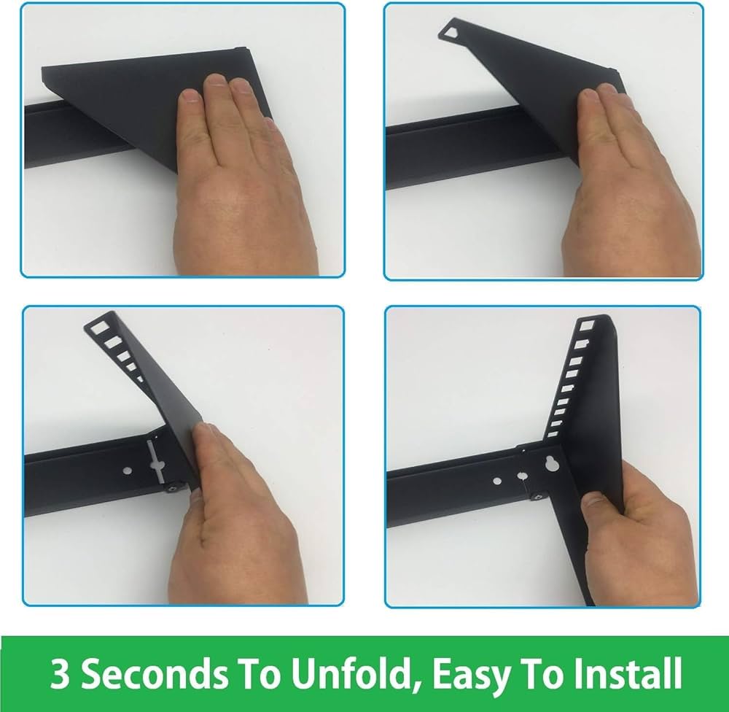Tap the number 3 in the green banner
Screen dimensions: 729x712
(x=60, y=673)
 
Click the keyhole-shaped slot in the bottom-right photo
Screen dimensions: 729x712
(x=551, y=463)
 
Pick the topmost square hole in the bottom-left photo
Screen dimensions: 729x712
(x=100, y=327)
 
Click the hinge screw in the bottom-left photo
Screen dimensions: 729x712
(x=174, y=488)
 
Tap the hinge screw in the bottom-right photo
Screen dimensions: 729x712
(x=539, y=497)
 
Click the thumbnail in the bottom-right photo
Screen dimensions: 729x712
(x=592, y=500)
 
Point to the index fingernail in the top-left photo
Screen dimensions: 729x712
(x=190, y=96)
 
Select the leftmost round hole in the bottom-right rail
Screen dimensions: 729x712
(x=497, y=480)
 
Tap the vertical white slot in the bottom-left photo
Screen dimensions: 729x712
(x=155, y=463)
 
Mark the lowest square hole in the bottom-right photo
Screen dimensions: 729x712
(x=553, y=435)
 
